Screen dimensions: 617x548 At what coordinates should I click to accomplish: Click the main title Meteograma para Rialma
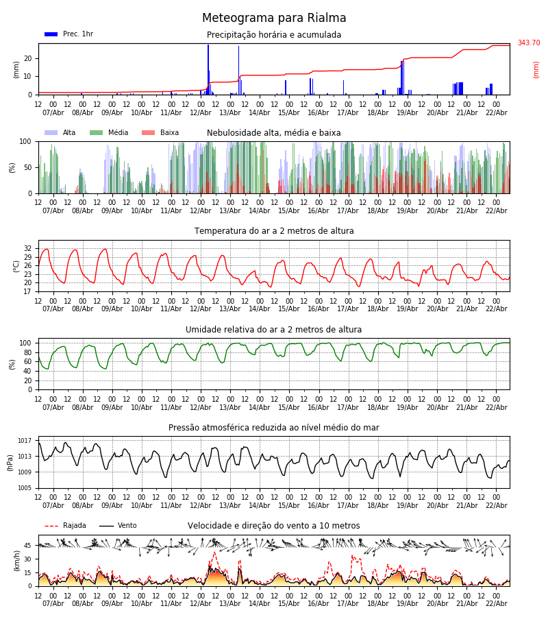tap(274, 19)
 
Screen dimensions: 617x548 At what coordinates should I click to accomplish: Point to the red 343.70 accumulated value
tap(528, 43)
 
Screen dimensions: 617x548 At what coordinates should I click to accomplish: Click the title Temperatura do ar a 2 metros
tap(274, 231)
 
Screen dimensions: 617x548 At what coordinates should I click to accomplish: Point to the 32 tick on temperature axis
tap(28, 249)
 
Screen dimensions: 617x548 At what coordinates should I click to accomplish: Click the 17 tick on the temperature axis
tap(28, 291)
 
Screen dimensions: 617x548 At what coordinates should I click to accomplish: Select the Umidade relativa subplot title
tap(274, 330)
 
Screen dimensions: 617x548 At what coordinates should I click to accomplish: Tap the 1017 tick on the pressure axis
tap(25, 441)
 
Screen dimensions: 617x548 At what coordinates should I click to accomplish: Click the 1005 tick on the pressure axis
tap(25, 488)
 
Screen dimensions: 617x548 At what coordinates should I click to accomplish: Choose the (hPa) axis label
tap(10, 462)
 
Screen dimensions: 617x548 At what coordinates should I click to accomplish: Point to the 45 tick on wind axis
tap(28, 546)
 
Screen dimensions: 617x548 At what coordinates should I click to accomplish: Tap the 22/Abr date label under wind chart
tap(496, 604)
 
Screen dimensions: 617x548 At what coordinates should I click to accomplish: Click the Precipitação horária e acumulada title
tap(274, 35)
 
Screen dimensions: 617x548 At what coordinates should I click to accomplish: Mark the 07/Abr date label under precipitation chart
tap(53, 112)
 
